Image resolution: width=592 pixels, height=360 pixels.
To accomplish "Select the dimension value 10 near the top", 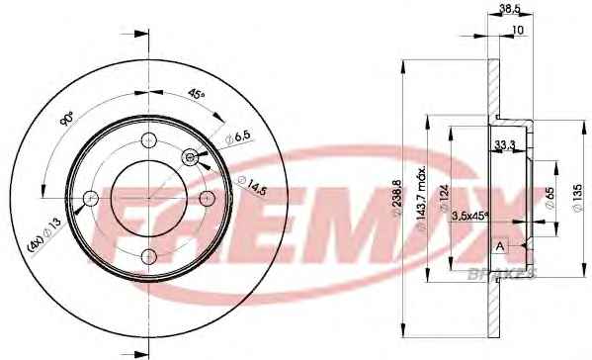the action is point(519,30).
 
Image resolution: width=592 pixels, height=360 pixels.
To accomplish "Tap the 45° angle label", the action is point(196,94).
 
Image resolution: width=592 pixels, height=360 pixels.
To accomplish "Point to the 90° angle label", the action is point(67,119).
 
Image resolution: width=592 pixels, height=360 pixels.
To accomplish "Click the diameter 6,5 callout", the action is point(237,137).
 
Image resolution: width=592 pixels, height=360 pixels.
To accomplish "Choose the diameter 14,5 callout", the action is point(252,185).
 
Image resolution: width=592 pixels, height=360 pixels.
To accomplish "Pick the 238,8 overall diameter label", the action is point(397,199).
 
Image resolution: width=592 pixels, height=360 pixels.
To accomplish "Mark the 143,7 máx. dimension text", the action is point(422,197).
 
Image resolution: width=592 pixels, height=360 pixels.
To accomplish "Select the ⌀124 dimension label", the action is point(444,199).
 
